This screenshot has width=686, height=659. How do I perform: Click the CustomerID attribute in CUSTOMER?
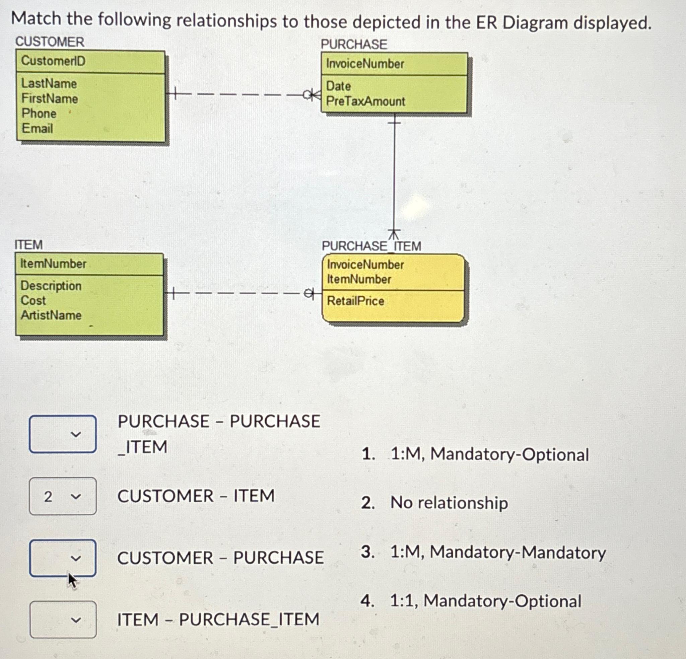(53, 61)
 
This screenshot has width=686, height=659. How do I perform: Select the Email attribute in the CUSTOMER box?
(37, 129)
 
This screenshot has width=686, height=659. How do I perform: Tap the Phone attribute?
(39, 114)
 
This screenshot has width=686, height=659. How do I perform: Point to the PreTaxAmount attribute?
(365, 101)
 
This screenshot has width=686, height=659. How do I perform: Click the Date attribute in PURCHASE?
(338, 86)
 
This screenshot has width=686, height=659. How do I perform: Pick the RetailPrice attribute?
(355, 301)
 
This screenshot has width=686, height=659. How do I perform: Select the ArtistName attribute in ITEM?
(51, 315)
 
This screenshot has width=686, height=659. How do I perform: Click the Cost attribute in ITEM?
(33, 300)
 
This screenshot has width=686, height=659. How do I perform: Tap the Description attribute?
(51, 286)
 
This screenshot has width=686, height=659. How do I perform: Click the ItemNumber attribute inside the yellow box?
(359, 279)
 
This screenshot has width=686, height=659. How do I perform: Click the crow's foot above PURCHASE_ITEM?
(394, 234)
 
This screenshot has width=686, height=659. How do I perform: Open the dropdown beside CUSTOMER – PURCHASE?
(63, 558)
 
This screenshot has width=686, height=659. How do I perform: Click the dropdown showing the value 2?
(63, 496)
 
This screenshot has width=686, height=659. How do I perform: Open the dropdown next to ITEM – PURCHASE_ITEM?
(63, 620)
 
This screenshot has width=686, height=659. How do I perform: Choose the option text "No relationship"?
(449, 503)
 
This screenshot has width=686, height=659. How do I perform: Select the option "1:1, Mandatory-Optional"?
(485, 601)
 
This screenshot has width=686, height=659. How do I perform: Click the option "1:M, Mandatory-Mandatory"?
(498, 552)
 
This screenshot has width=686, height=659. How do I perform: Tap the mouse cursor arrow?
(72, 581)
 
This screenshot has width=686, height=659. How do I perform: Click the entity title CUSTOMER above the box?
(50, 42)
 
